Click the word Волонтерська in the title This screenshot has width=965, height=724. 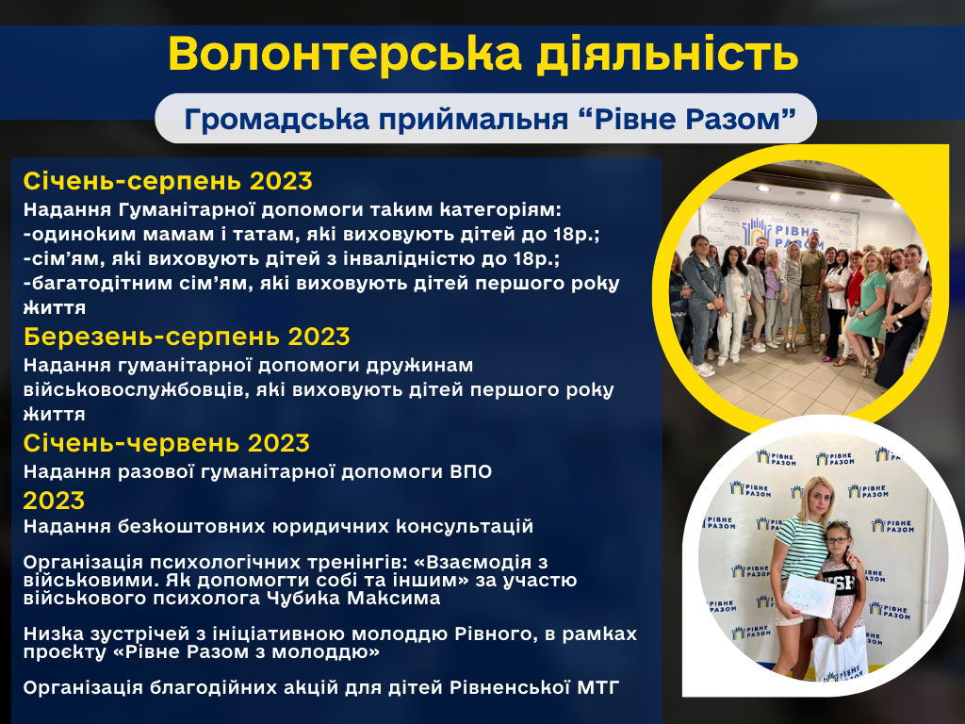(345, 54)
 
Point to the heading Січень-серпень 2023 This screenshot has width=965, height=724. (168, 181)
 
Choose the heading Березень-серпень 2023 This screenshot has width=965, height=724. (187, 337)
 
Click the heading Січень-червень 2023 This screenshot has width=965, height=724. (166, 443)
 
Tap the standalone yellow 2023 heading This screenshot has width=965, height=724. (54, 501)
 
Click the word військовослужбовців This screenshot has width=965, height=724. (136, 390)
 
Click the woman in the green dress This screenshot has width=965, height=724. (868, 308)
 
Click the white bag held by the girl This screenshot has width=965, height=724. (840, 656)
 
